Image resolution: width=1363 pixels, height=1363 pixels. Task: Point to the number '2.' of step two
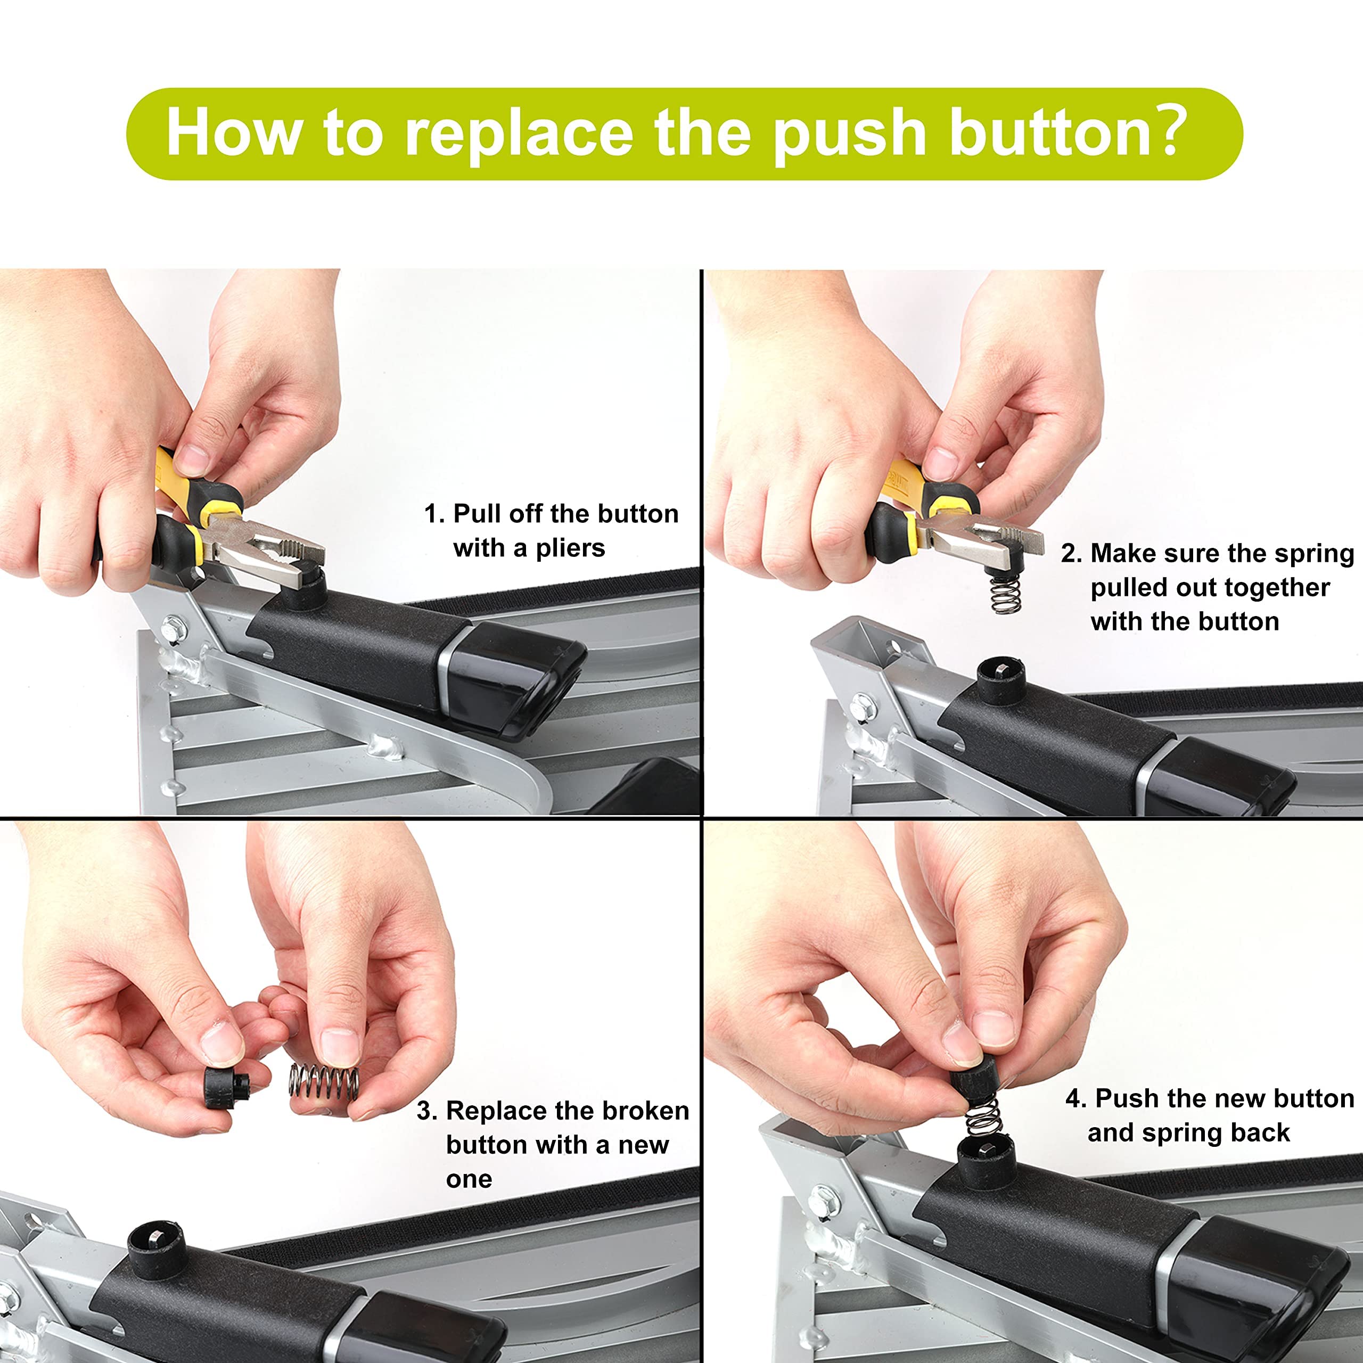click(1071, 554)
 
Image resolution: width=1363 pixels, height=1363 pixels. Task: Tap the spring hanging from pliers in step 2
click(1005, 594)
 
